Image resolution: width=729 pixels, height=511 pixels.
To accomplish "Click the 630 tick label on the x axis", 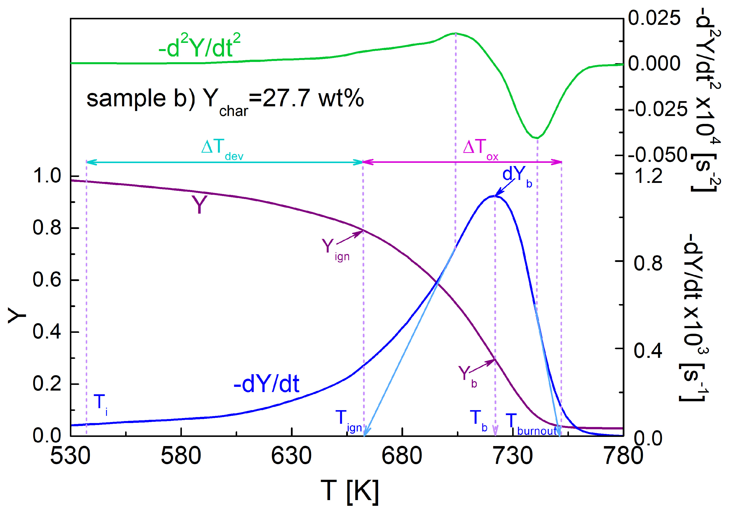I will coord(291,456).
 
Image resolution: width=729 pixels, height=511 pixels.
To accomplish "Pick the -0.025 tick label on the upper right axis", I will coord(657,109).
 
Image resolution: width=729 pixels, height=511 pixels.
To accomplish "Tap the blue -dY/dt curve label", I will coord(266,384).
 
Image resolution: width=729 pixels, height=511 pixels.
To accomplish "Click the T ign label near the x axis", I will coord(348,421).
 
